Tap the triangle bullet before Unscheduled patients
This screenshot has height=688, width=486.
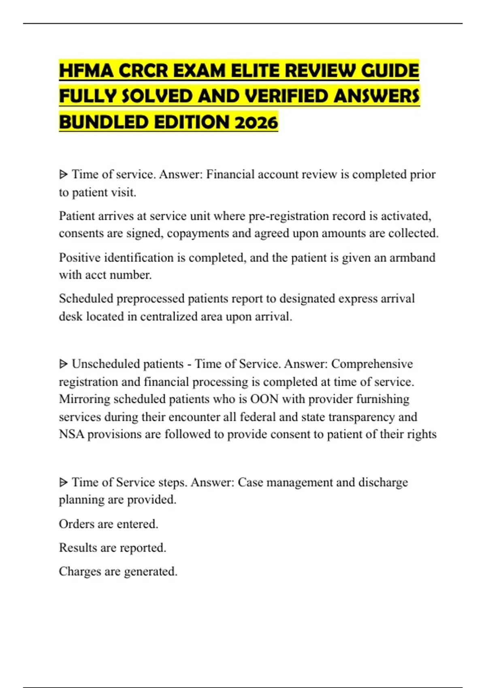click(x=63, y=364)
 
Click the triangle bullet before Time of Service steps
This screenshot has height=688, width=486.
click(x=63, y=482)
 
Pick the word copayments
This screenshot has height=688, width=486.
click(x=198, y=234)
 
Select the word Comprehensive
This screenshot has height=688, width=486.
click(x=372, y=364)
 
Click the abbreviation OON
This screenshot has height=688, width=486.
click(x=264, y=399)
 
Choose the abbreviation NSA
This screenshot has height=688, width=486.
click(x=71, y=434)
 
